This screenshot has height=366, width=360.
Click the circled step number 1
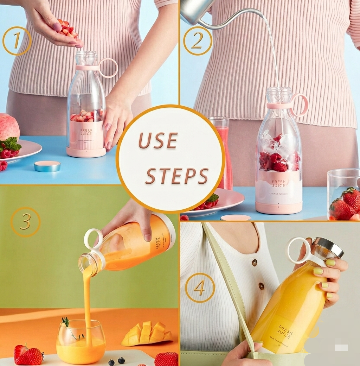(17, 41)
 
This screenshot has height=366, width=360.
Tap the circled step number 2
(198, 41)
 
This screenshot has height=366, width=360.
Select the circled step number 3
(25, 222)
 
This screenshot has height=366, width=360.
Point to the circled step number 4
(200, 288)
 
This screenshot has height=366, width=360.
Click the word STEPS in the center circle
(177, 175)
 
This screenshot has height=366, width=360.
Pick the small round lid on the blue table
(47, 166)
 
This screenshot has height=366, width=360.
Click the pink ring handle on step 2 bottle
(300, 105)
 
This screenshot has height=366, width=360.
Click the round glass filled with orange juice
(81, 341)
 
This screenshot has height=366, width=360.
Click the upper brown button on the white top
(254, 263)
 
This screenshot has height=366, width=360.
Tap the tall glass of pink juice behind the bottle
(221, 151)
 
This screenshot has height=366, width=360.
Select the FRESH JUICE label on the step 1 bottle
(86, 132)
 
